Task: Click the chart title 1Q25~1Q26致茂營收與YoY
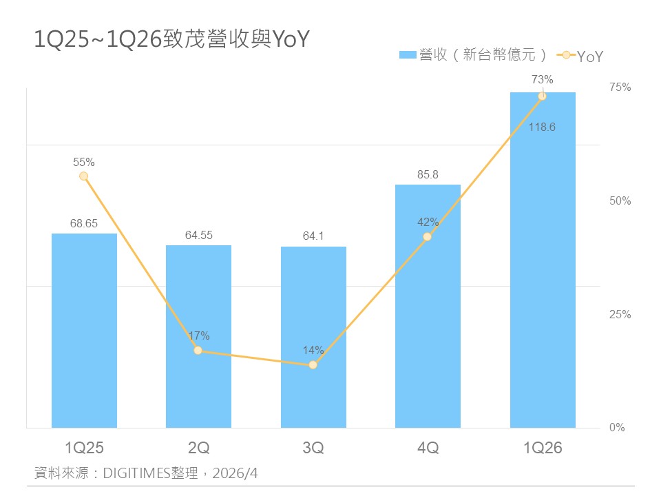(x=172, y=40)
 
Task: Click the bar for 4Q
(x=428, y=331)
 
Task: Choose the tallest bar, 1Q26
(x=543, y=276)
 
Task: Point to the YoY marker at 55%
(x=84, y=176)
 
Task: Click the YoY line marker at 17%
(x=198, y=351)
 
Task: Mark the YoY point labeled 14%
(x=313, y=364)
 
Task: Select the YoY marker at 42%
(x=428, y=236)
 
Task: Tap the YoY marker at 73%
(x=543, y=96)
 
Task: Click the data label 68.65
(x=84, y=223)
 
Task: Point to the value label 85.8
(x=428, y=174)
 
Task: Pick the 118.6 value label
(x=543, y=127)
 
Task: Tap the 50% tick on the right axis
(x=620, y=201)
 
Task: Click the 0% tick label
(x=618, y=428)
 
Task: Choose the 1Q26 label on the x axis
(x=543, y=448)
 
